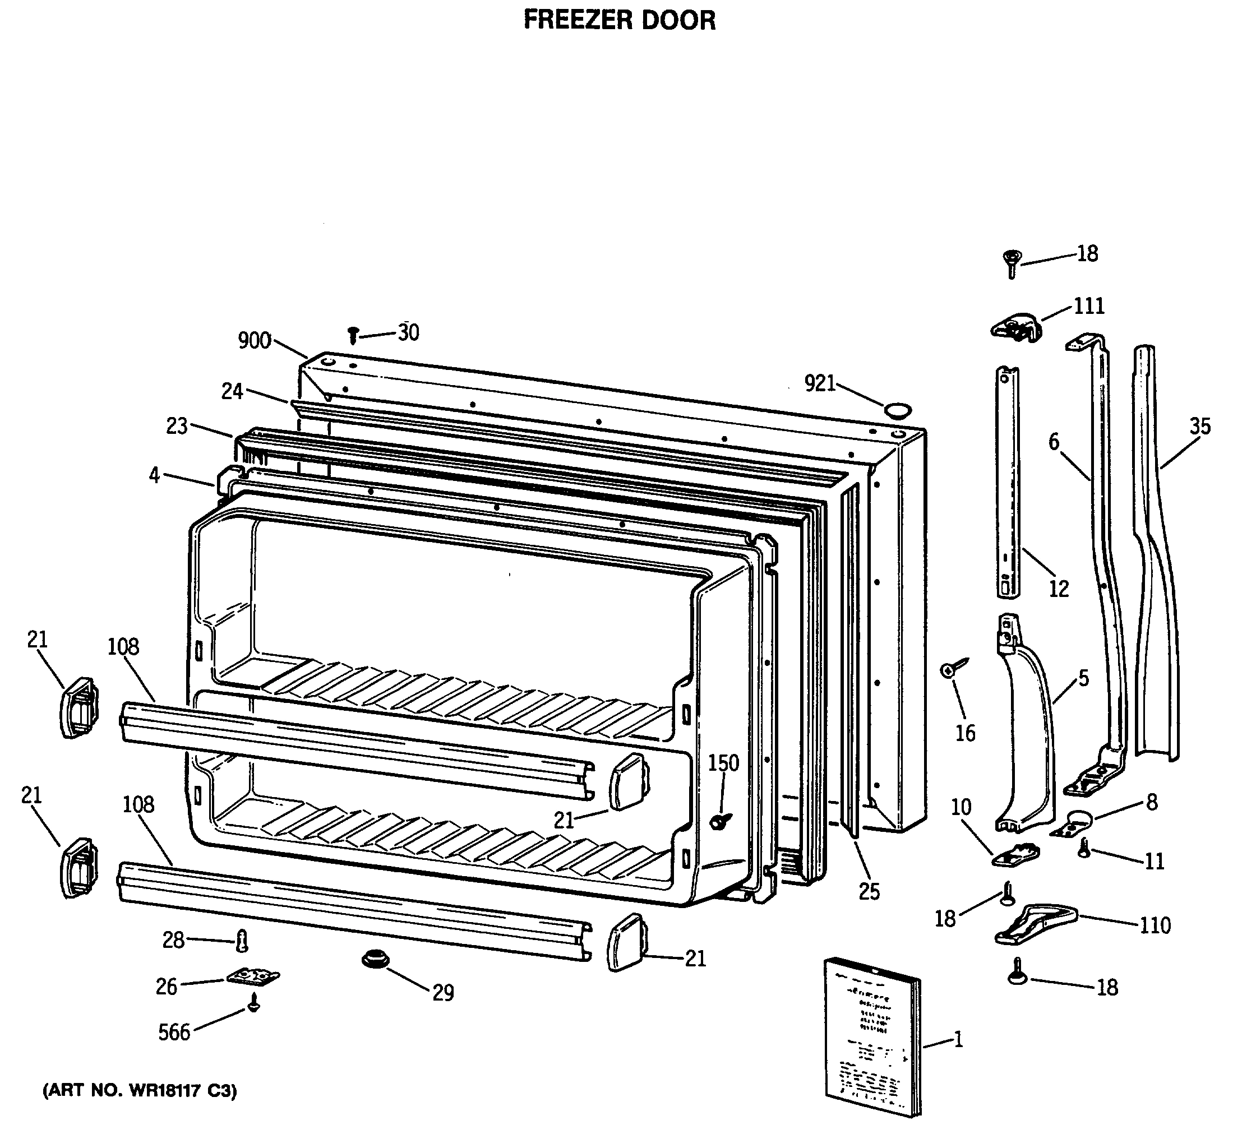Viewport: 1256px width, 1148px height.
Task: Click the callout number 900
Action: tap(254, 341)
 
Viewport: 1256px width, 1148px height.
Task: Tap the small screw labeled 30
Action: tap(353, 335)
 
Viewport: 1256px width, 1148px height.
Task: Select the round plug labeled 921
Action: tap(898, 410)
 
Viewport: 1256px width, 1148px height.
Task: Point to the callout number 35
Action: tap(1199, 427)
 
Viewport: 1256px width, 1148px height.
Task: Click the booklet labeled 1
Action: tap(872, 1034)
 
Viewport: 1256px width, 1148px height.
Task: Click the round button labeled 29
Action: tap(375, 959)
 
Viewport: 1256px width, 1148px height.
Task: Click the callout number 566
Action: tap(174, 1032)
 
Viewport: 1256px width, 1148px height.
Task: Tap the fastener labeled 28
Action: tap(242, 941)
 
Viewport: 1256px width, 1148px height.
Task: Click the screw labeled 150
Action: tap(720, 821)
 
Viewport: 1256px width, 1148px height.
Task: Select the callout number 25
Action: tap(869, 891)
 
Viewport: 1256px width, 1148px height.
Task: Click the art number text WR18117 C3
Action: tap(140, 1091)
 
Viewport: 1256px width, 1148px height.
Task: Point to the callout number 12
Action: tap(1059, 588)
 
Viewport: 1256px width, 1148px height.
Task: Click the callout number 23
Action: tap(177, 426)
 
